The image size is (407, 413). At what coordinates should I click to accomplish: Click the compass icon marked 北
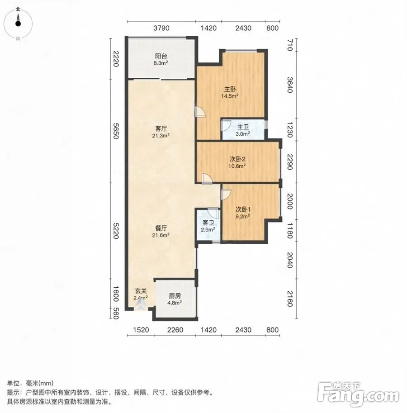(x=18, y=24)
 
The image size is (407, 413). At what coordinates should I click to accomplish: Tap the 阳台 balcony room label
(x=161, y=56)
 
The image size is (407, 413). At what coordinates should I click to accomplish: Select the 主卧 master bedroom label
(x=230, y=89)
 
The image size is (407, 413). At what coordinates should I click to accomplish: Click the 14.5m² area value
(x=230, y=96)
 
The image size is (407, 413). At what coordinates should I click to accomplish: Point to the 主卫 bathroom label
(x=243, y=127)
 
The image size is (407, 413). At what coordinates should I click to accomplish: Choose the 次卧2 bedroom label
(x=237, y=159)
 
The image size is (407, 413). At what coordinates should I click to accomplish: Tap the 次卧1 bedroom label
(x=243, y=209)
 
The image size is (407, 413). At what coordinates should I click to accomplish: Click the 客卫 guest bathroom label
(x=208, y=223)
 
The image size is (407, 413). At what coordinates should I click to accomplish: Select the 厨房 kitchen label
(x=175, y=296)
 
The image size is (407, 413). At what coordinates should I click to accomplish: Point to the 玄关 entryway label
(x=141, y=291)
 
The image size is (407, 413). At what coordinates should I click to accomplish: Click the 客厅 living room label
(x=161, y=128)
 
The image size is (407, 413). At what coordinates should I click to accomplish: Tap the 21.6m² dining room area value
(x=161, y=235)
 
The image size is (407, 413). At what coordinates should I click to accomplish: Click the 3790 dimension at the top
(x=161, y=28)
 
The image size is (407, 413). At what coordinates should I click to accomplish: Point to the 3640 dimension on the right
(x=289, y=85)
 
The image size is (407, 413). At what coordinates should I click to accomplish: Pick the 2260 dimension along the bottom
(x=175, y=330)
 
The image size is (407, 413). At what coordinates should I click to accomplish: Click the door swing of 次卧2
(x=207, y=178)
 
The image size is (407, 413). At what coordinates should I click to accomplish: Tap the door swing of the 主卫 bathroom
(x=226, y=126)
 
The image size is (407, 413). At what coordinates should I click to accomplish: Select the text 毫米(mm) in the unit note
(x=39, y=383)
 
